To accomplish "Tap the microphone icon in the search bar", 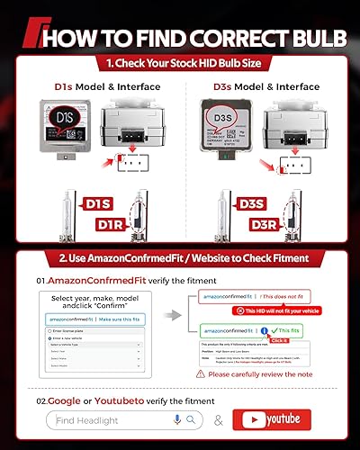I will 177,420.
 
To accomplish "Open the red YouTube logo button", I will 277,419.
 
